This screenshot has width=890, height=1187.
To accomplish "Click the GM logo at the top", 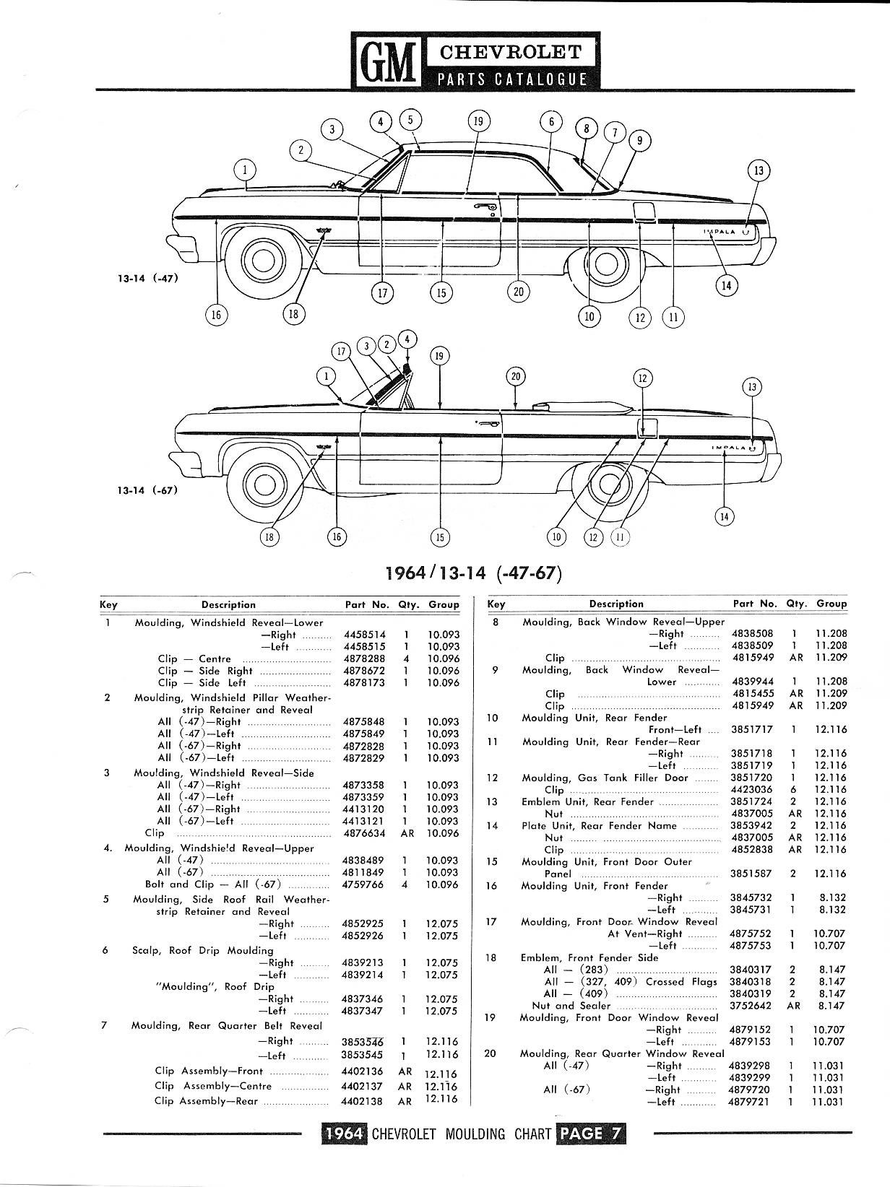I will click(x=387, y=62).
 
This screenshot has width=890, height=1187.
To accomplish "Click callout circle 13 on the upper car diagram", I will click(x=759, y=171).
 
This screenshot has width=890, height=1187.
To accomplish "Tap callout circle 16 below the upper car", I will click(x=215, y=314).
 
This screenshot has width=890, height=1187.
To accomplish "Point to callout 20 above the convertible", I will click(x=515, y=376).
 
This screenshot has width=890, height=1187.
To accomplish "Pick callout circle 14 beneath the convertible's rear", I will click(x=724, y=516).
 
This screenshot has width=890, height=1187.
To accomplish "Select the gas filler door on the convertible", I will click(x=647, y=427).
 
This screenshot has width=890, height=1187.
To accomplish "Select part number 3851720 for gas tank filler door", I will click(x=751, y=778).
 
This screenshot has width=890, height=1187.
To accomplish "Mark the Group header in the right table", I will click(x=831, y=604).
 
